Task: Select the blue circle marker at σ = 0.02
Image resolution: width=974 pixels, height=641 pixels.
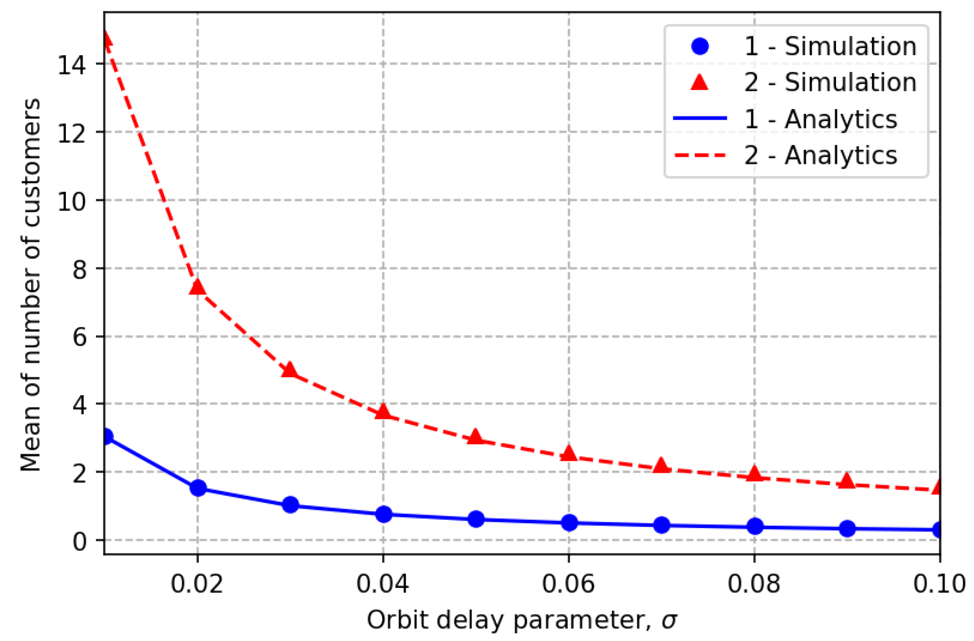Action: point(198,487)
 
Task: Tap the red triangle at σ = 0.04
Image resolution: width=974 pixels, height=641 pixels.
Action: point(383,412)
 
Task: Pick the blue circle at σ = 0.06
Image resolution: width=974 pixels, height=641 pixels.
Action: point(569,522)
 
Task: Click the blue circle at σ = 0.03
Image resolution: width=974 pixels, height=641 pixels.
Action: point(291,505)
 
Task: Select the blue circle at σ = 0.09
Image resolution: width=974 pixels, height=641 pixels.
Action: point(847,528)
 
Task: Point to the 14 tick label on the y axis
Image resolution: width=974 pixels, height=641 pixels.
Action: point(72,65)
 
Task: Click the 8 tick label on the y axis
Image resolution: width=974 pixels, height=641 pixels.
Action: point(79,270)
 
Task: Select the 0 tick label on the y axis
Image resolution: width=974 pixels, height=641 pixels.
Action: point(79,541)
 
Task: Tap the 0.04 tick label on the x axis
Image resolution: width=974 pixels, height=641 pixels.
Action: point(383,583)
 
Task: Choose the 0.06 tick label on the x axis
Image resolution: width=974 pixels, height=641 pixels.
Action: point(568,583)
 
